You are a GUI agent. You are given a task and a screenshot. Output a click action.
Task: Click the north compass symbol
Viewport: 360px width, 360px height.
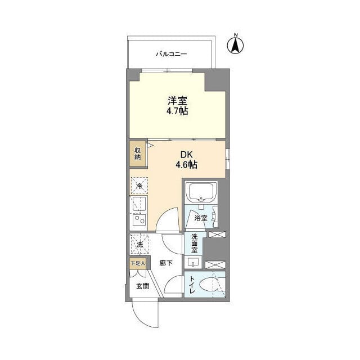pos(235,44)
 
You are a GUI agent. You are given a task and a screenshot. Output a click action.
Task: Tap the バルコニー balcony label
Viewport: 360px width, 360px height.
pos(172,54)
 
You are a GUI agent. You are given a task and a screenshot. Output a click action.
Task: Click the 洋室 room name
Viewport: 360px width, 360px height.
pos(177,101)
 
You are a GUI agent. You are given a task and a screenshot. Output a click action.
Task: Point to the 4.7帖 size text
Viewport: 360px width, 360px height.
pos(177,111)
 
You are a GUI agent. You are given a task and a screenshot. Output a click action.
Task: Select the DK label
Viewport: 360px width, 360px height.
pos(186,155)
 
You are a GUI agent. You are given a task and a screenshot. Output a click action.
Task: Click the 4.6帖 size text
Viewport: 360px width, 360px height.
pos(186,165)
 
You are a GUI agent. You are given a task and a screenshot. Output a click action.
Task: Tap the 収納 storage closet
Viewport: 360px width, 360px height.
pos(137,154)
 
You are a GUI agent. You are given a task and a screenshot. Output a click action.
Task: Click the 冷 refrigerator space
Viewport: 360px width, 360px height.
pos(139,186)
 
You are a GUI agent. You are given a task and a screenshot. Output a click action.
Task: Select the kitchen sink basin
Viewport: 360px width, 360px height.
pos(139,204)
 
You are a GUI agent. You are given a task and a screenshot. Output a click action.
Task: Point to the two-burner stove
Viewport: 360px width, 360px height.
pos(139,220)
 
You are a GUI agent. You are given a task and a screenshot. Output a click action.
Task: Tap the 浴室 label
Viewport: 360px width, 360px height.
pos(201,218)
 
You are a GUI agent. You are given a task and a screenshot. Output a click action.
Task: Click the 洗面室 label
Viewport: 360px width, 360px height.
pos(194,244)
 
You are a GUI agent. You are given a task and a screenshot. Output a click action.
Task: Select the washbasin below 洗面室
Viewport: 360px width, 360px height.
pos(193,262)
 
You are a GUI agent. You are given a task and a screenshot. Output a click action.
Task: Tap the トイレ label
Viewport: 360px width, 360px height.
pos(192,285)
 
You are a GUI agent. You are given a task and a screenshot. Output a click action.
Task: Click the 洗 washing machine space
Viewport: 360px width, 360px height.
pos(139,244)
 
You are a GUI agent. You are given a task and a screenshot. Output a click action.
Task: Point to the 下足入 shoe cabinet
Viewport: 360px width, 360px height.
pos(137,263)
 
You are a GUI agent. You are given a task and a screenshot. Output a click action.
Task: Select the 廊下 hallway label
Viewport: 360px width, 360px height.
pos(166,263)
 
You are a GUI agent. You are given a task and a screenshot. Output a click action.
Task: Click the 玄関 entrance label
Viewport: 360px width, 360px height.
pos(143,286)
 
